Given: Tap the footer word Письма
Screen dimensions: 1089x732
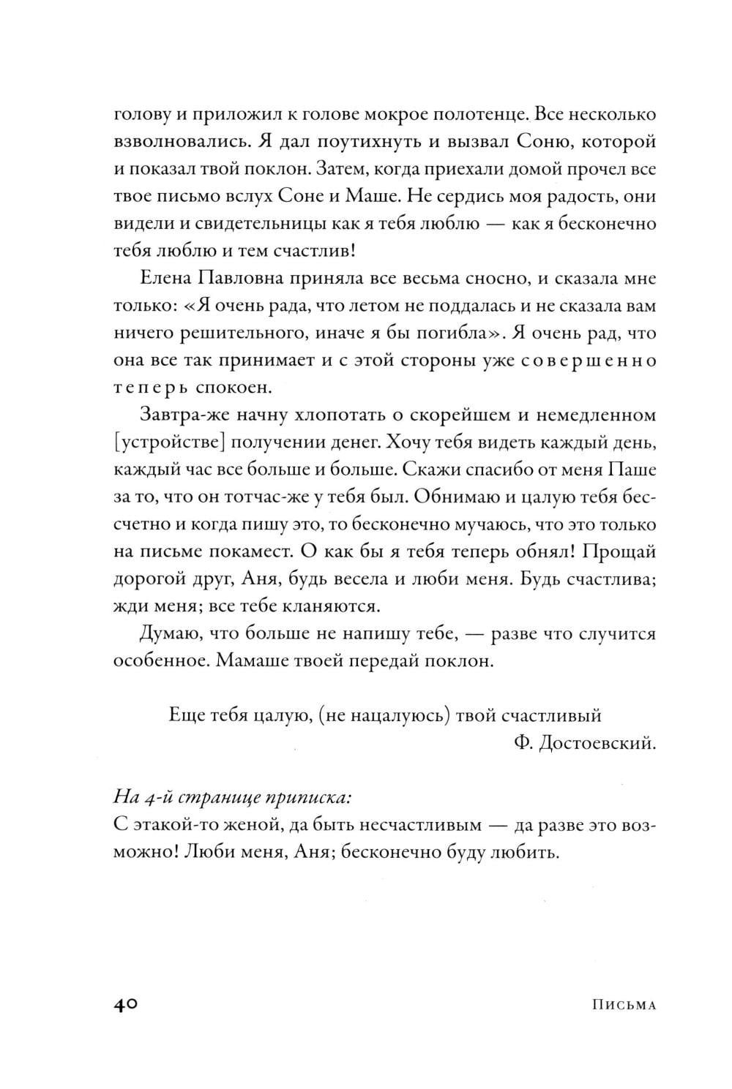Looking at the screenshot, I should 622,1005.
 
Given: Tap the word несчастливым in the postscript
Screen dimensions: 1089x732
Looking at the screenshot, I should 420,826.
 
